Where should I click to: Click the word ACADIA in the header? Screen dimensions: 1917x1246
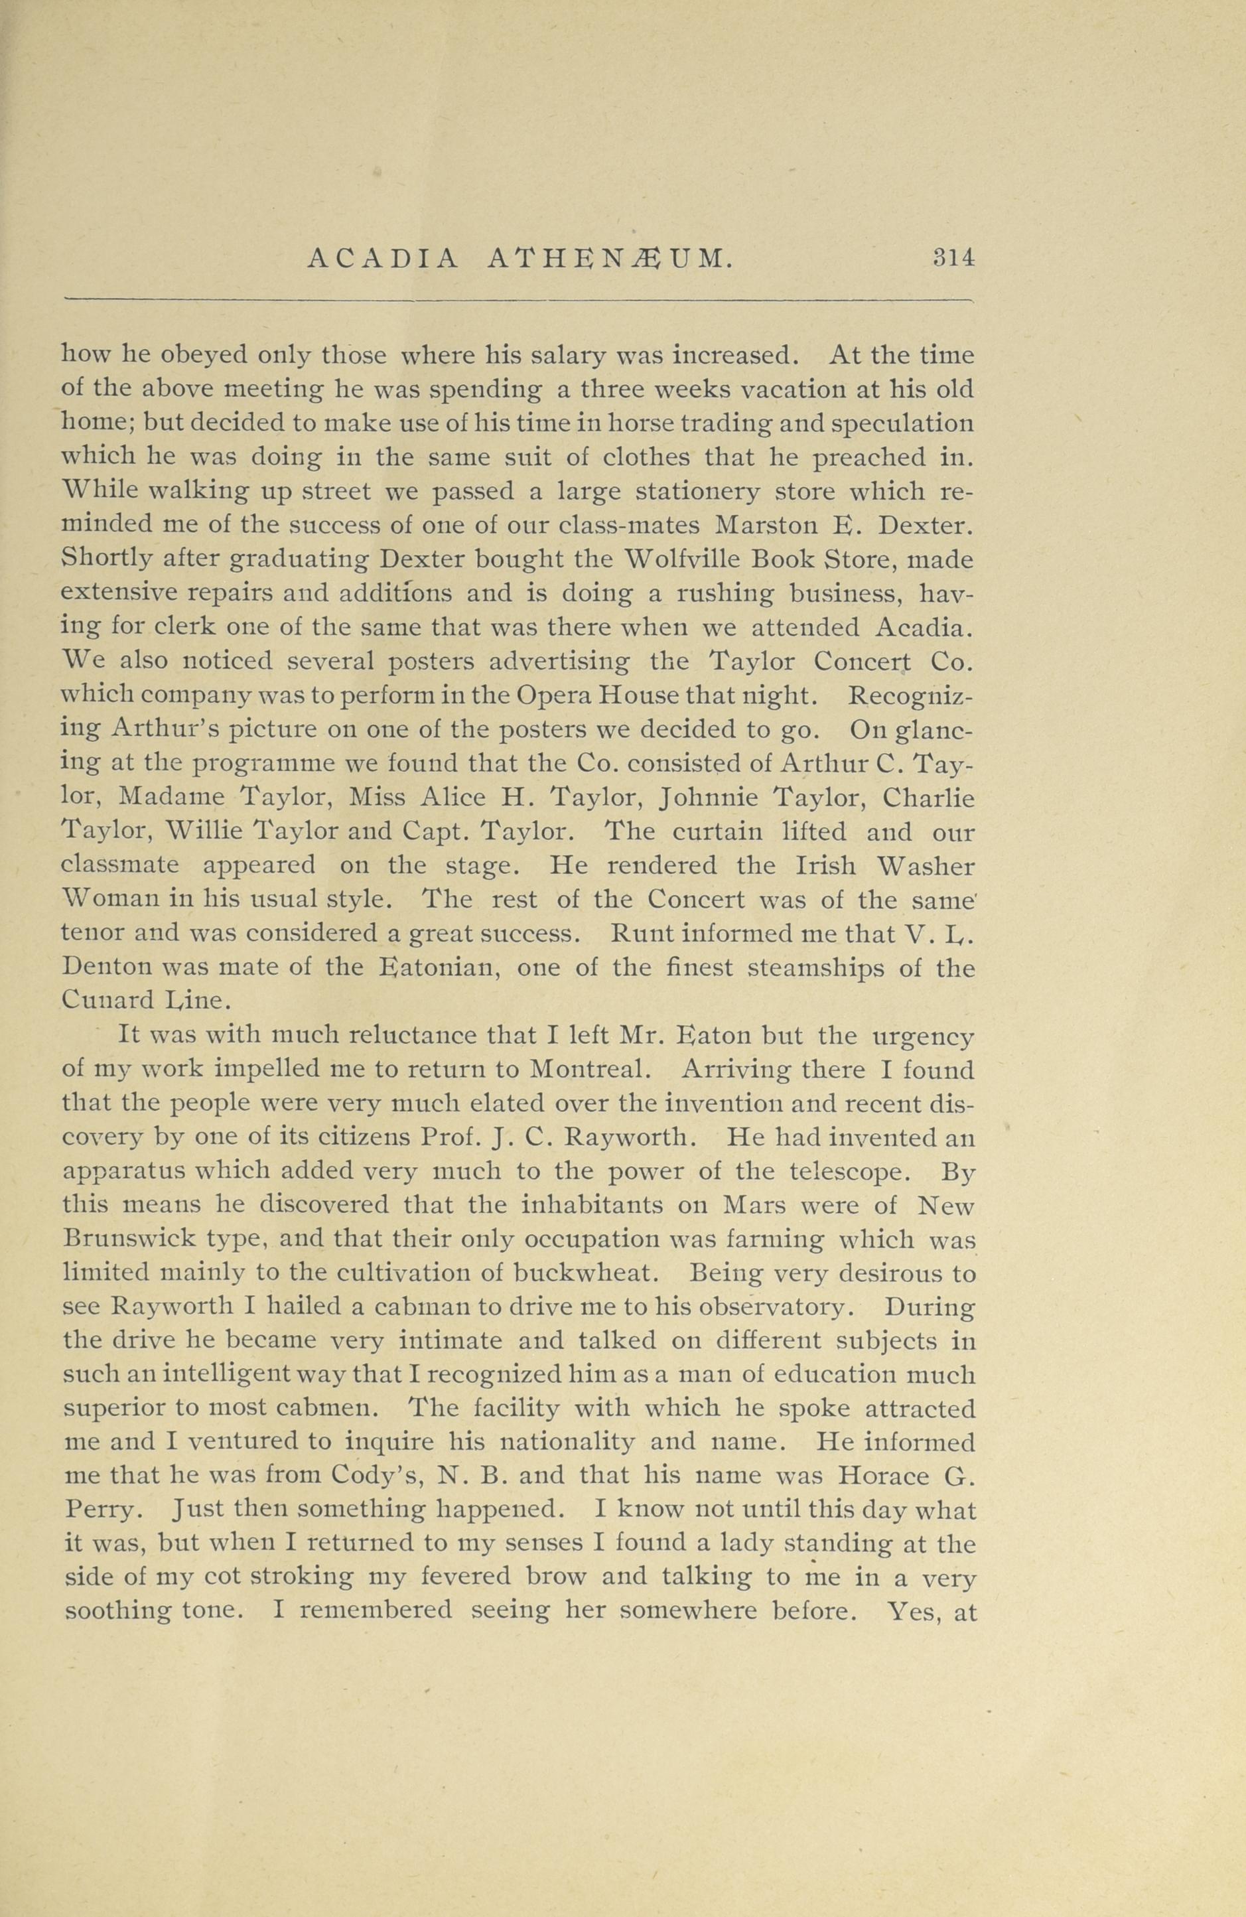[x=383, y=259]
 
